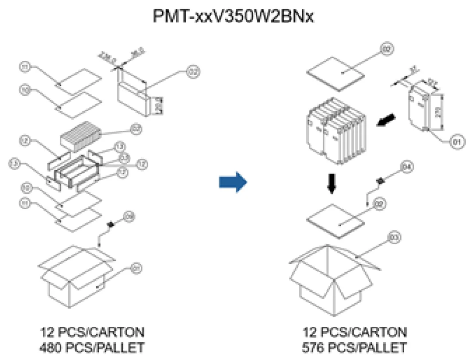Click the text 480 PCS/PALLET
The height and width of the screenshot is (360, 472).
93,347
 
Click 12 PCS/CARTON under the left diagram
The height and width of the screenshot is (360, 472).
93,333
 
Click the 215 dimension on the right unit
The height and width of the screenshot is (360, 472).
438,113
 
